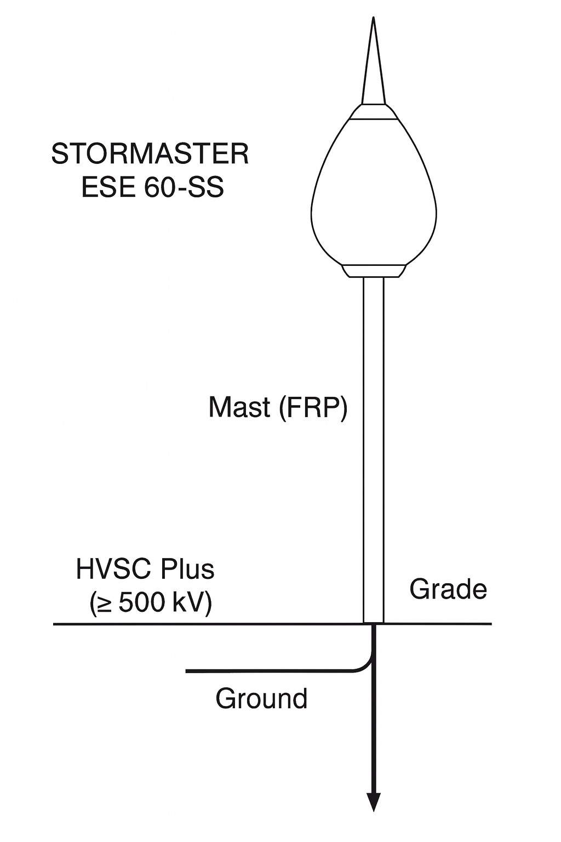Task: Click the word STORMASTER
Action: coord(150,155)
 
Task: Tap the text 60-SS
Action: coord(184,188)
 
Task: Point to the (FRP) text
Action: coord(313,408)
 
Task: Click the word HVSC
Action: coord(113,570)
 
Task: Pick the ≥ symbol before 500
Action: coord(105,604)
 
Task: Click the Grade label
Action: coord(448,590)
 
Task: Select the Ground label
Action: coord(261,699)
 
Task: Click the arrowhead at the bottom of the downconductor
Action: coord(374,802)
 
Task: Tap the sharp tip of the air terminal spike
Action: coord(373,20)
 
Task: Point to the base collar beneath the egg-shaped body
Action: coord(374,271)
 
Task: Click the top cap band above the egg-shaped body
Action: coord(374,112)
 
